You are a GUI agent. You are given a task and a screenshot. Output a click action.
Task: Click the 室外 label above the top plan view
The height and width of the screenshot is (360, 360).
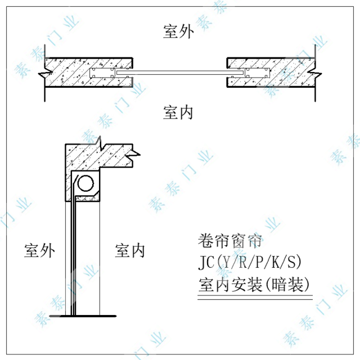pyautogui.click(x=178, y=32)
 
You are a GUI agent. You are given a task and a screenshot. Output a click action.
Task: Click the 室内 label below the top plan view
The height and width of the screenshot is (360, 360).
pyautogui.click(x=178, y=111)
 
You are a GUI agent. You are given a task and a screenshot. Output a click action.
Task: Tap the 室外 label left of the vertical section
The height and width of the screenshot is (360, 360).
pyautogui.click(x=39, y=250)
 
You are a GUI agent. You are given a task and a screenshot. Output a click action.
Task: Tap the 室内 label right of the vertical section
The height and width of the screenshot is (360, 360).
pyautogui.click(x=130, y=250)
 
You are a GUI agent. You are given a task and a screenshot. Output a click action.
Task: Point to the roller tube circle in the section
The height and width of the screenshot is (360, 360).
pyautogui.click(x=86, y=183)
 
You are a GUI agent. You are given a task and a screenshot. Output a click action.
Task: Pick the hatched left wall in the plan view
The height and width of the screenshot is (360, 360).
pyautogui.click(x=84, y=72)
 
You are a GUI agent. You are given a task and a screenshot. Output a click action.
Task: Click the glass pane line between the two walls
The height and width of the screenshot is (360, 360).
pyautogui.click(x=180, y=73)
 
